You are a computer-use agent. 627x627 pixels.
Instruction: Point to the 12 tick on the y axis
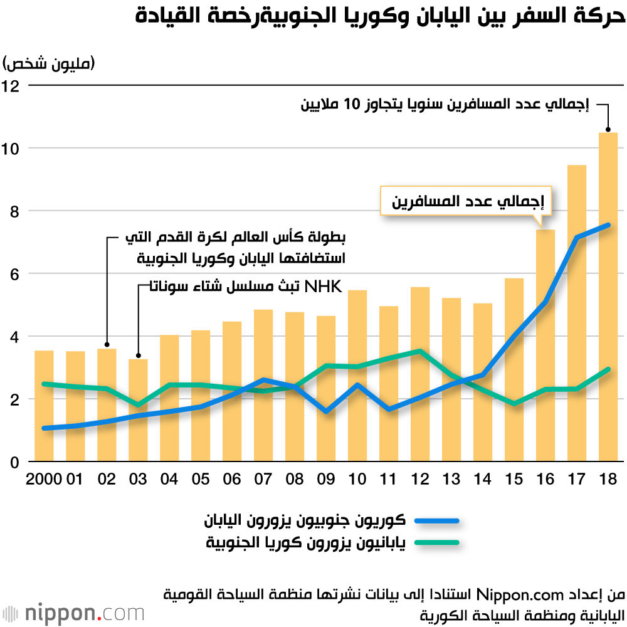(13, 85)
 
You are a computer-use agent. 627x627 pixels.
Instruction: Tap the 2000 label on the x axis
(43, 480)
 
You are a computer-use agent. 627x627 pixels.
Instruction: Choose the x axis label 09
(325, 480)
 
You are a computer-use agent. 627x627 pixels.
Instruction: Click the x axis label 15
(514, 480)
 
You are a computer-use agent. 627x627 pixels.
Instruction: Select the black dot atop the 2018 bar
(608, 130)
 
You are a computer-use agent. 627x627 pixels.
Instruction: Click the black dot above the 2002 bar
(107, 344)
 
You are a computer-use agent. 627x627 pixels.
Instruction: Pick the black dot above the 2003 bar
(138, 355)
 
